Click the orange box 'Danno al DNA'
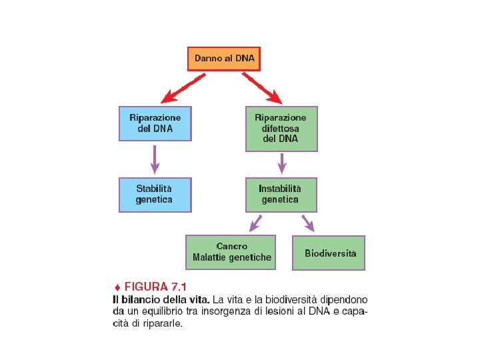[224, 59]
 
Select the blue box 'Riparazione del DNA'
[155, 123]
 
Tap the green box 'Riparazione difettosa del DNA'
[281, 128]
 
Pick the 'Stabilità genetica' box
[155, 194]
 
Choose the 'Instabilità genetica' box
[281, 194]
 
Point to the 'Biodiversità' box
[329, 253]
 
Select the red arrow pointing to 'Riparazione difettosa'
[262, 87]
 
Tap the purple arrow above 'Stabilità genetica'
[155, 159]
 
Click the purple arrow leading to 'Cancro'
[255, 223]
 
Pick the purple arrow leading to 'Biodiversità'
[308, 223]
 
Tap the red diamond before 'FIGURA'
[116, 287]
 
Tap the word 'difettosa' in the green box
[281, 128]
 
